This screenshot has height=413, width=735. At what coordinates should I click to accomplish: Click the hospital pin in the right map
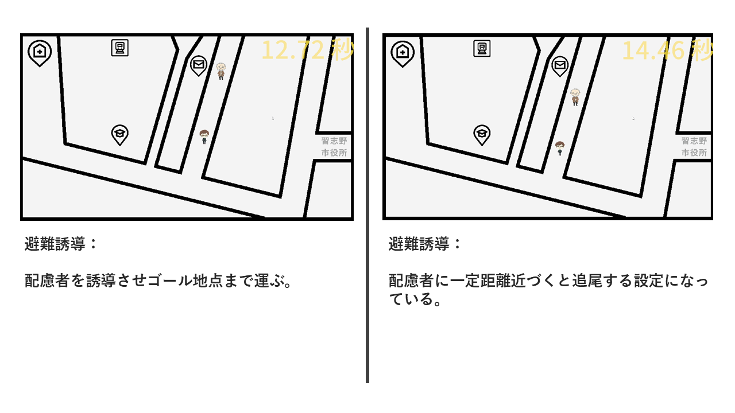(403, 54)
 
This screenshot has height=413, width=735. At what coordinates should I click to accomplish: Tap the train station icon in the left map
(120, 48)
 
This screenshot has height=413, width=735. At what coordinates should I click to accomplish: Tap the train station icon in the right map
(482, 49)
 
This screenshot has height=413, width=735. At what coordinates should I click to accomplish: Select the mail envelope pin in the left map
(199, 65)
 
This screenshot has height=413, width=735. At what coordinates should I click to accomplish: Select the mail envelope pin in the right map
(560, 66)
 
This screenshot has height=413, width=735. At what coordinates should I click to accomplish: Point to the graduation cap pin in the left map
(120, 135)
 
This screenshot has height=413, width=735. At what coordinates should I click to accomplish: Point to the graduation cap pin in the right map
(482, 135)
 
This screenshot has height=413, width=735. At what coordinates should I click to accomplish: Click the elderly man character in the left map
(221, 71)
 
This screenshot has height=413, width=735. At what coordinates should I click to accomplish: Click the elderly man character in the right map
(575, 97)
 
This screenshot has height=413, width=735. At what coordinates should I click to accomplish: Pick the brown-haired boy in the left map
(204, 137)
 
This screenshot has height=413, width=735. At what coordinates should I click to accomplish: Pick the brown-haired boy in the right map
(560, 149)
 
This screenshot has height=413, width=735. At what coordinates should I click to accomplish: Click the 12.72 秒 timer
(307, 50)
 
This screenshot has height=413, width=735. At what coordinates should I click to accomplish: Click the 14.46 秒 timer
(667, 50)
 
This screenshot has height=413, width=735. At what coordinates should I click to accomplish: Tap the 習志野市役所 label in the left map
(334, 147)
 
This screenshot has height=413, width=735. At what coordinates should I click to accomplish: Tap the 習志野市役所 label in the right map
(694, 147)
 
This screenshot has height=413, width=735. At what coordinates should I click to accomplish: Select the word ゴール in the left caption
(169, 280)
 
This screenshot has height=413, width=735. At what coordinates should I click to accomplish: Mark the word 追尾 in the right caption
(587, 280)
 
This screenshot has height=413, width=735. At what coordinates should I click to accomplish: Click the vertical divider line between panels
(367, 205)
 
